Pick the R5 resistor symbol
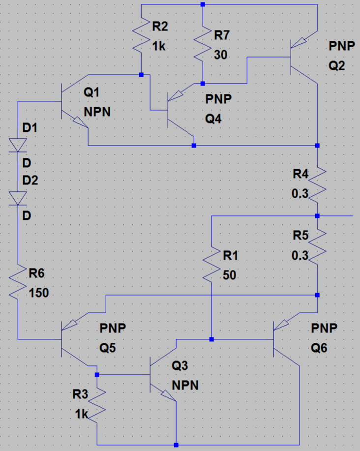coord(317,246)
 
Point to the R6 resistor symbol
coord(18,283)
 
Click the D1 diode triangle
coord(18,145)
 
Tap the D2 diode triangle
coord(18,198)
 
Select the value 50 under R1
coord(229,276)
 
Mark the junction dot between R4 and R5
coord(317,216)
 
